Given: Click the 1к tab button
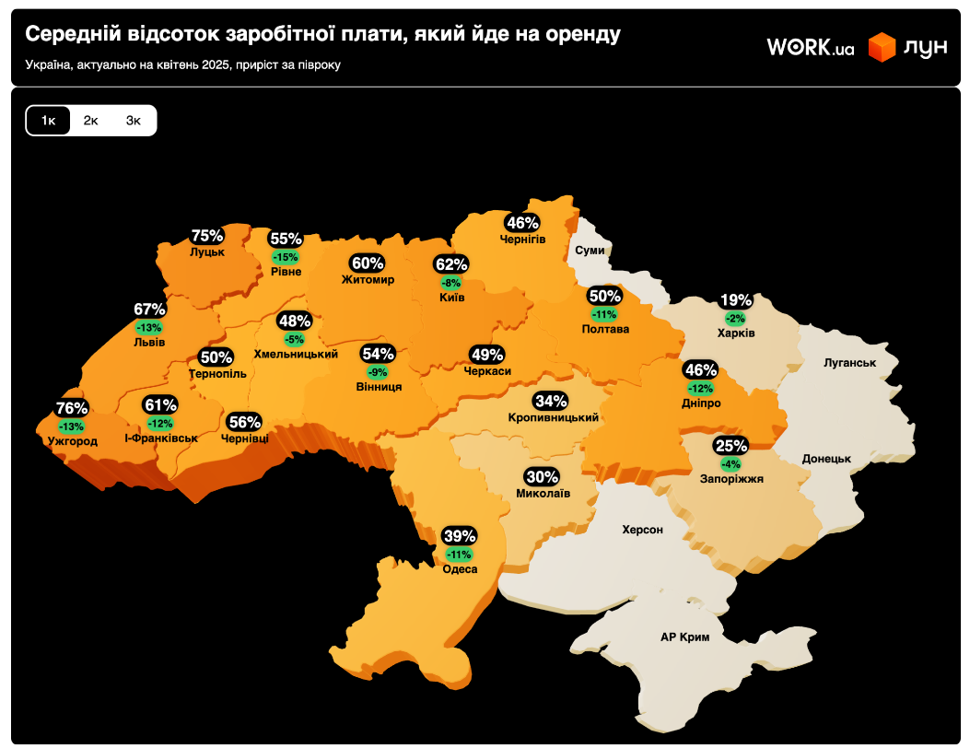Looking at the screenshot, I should pos(49,121).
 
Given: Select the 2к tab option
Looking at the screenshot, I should pos(91,121).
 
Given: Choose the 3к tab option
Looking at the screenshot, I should pos(134,121).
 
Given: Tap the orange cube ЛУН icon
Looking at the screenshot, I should pos(882,48).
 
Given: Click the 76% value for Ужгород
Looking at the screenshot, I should pos(72,408).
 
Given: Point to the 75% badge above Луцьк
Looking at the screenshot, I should pos(207,237).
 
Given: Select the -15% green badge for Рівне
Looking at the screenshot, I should pos(286,257).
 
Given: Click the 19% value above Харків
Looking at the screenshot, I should pos(736,300).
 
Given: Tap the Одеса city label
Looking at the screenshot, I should pos(460,569).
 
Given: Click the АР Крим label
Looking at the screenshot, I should pos(685,637).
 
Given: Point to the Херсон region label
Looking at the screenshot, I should pos(642,530).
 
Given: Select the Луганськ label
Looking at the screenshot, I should pos(849,363).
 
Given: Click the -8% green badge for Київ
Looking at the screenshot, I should pos(451,283).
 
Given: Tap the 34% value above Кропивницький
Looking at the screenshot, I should pos(551,402).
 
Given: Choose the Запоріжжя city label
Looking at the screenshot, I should pos(731,479).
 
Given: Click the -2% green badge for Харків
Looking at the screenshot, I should pos(736,318).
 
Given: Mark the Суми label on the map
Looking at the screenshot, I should pos(590,251).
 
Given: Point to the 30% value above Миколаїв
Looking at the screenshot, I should pos(542,477).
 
